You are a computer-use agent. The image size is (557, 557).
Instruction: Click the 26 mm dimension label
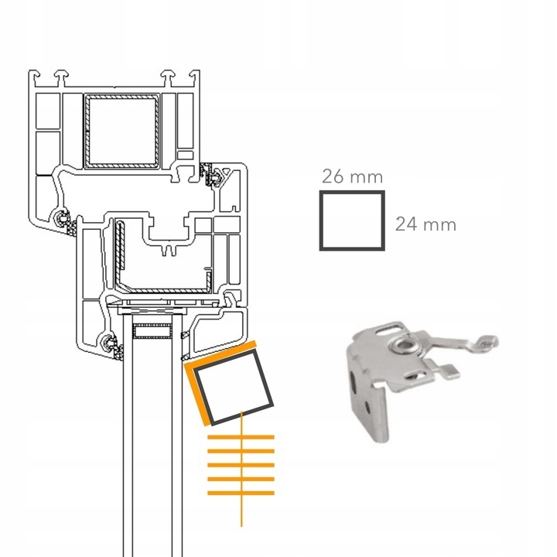pyautogui.click(x=352, y=176)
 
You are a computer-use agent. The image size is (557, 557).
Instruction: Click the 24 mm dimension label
pyautogui.click(x=425, y=224)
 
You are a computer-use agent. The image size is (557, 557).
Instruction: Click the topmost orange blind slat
pyautogui.click(x=241, y=437)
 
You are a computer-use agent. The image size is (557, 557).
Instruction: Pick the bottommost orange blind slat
pyautogui.click(x=241, y=493)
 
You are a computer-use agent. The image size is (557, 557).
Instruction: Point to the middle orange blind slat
pyautogui.click(x=241, y=465)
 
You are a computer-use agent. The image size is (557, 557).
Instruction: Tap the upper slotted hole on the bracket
pyautogui.click(x=388, y=330)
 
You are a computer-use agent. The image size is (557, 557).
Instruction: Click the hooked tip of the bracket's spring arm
pyautogui.click(x=487, y=341)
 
